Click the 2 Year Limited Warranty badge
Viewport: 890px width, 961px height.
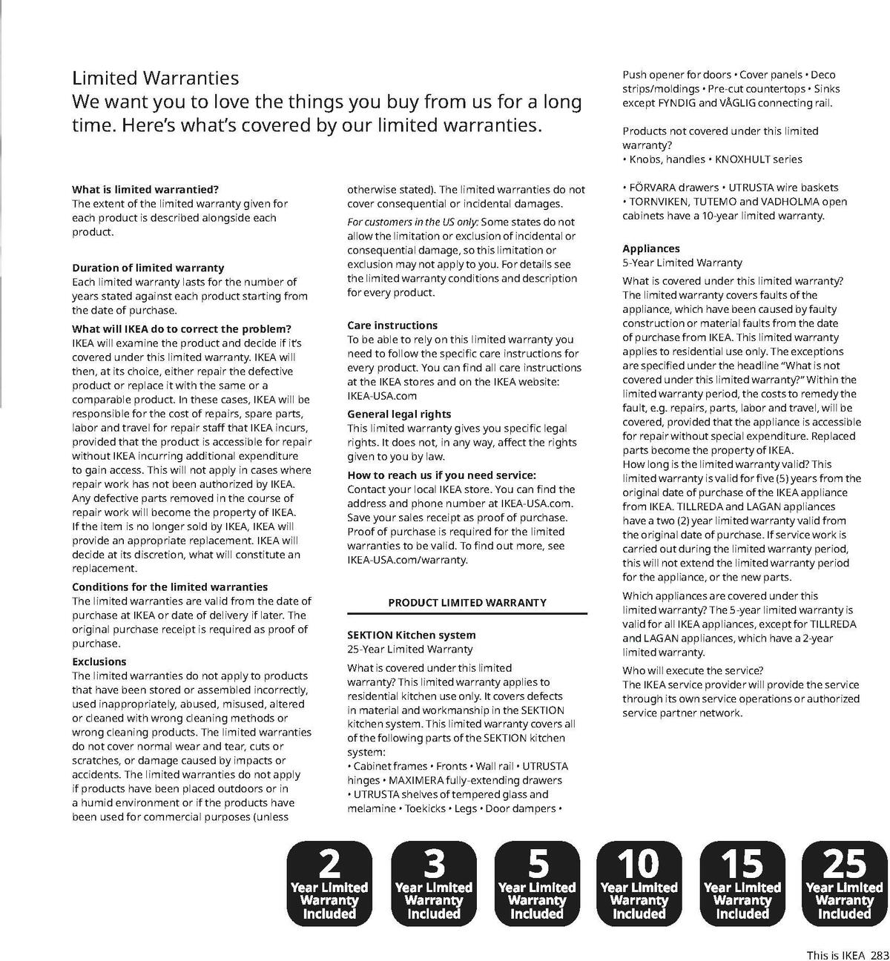coord(329,883)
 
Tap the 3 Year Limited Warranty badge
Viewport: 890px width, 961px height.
coord(433,883)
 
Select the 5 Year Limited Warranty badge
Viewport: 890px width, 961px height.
coord(536,883)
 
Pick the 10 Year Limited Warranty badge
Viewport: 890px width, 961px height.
coord(639,883)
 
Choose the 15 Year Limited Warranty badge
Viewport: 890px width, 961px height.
coord(742,883)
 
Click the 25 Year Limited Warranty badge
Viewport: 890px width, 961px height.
coord(844,883)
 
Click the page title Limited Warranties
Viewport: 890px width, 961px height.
coord(155,78)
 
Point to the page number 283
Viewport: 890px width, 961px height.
coord(880,956)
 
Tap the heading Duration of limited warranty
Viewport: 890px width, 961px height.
coord(148,268)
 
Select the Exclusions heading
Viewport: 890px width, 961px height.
coord(99,661)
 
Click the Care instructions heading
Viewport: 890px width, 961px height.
coord(392,326)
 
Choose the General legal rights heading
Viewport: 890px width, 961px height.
coord(399,414)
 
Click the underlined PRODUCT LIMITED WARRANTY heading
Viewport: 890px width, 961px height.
coord(467,603)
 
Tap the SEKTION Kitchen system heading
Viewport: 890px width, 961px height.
coord(412,635)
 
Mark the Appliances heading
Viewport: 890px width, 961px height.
coord(651,248)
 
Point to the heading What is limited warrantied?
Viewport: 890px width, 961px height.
coord(145,189)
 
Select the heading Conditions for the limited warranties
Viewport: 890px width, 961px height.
coord(170,587)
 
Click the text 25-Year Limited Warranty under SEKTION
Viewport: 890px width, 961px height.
coord(410,649)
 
